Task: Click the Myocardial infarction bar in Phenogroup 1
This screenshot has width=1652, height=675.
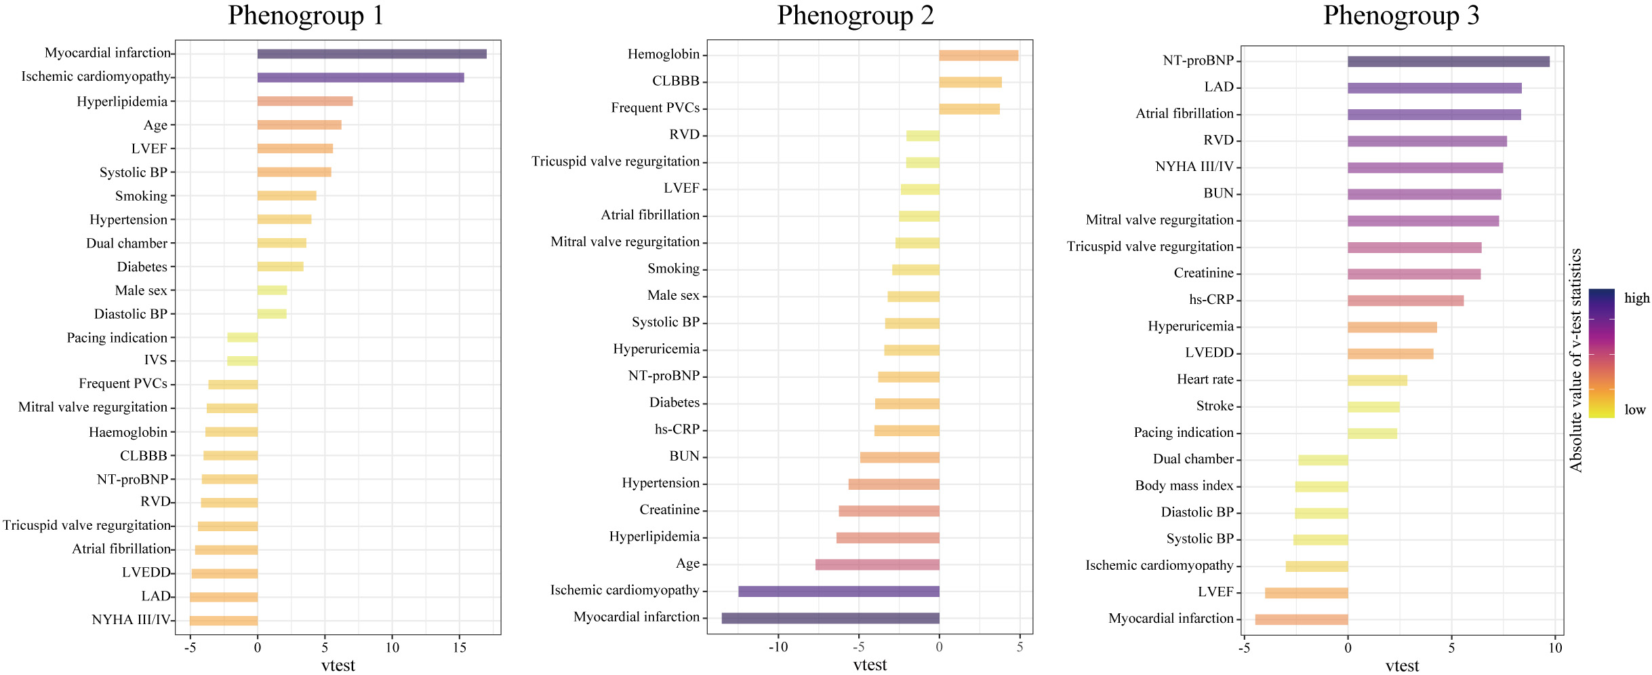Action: [x=371, y=54]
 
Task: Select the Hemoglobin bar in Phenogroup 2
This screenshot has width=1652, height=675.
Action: [x=978, y=56]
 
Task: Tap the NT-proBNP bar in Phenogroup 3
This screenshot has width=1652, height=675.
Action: [x=1448, y=62]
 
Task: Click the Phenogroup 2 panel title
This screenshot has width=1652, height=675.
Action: [x=855, y=16]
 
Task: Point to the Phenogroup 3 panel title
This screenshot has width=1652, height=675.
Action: [x=1401, y=16]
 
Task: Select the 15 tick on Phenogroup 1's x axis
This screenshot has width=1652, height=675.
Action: [x=460, y=648]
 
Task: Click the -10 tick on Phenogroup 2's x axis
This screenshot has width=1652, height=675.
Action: [x=778, y=647]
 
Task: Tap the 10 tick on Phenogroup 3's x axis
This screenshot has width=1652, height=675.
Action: [x=1555, y=648]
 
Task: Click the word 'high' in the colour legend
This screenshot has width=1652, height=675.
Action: [x=1636, y=298]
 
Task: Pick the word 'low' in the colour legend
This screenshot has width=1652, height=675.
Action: [x=1634, y=410]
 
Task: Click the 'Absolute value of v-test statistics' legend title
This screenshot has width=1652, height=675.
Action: [x=1576, y=360]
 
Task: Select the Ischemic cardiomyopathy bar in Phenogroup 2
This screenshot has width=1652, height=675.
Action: [x=839, y=592]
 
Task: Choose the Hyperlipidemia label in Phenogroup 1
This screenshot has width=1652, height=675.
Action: [x=122, y=102]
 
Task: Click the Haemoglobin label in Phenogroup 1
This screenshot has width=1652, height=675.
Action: [x=127, y=432]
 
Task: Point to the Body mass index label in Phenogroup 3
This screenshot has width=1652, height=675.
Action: [x=1184, y=486]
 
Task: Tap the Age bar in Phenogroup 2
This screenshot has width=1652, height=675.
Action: [x=877, y=564]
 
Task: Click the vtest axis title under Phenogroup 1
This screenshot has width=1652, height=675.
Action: [x=338, y=666]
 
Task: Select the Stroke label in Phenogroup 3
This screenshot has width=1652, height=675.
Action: [x=1214, y=406]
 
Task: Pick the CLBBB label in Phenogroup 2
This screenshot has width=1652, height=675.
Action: [x=675, y=81]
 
